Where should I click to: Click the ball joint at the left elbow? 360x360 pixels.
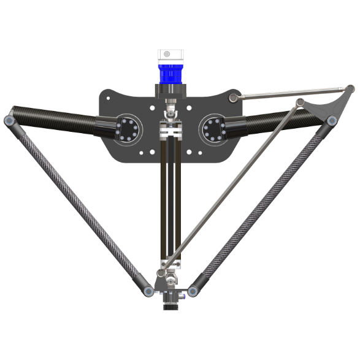point(9,121)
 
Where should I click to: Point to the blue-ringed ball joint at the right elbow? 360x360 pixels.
point(332,121)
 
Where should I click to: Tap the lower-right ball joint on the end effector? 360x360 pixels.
point(193,291)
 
